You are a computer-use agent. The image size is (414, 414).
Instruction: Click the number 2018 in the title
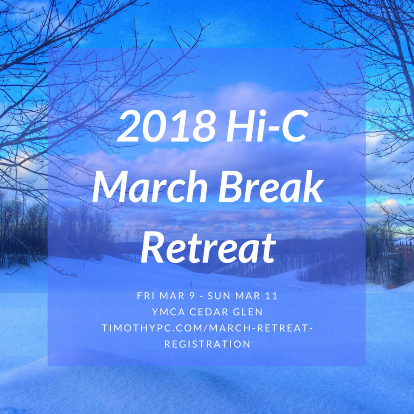pos(166,127)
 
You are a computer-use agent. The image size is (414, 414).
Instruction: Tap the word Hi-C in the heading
pos(266,126)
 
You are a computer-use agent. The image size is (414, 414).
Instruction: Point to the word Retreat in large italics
pos(208,248)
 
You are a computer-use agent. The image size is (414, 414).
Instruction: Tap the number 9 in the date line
pos(192,296)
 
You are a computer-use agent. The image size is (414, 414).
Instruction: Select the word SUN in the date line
pos(220,296)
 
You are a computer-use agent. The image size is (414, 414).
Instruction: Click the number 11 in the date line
pos(272,296)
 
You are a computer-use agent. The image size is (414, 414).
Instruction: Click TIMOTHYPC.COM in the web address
pos(154,328)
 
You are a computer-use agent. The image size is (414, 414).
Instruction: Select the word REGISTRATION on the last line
pos(207,344)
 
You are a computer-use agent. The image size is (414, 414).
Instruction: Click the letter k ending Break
pos(315,186)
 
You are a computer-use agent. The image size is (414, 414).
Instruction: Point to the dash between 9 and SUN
pos(202,296)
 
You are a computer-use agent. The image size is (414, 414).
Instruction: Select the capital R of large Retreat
pos(152,248)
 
